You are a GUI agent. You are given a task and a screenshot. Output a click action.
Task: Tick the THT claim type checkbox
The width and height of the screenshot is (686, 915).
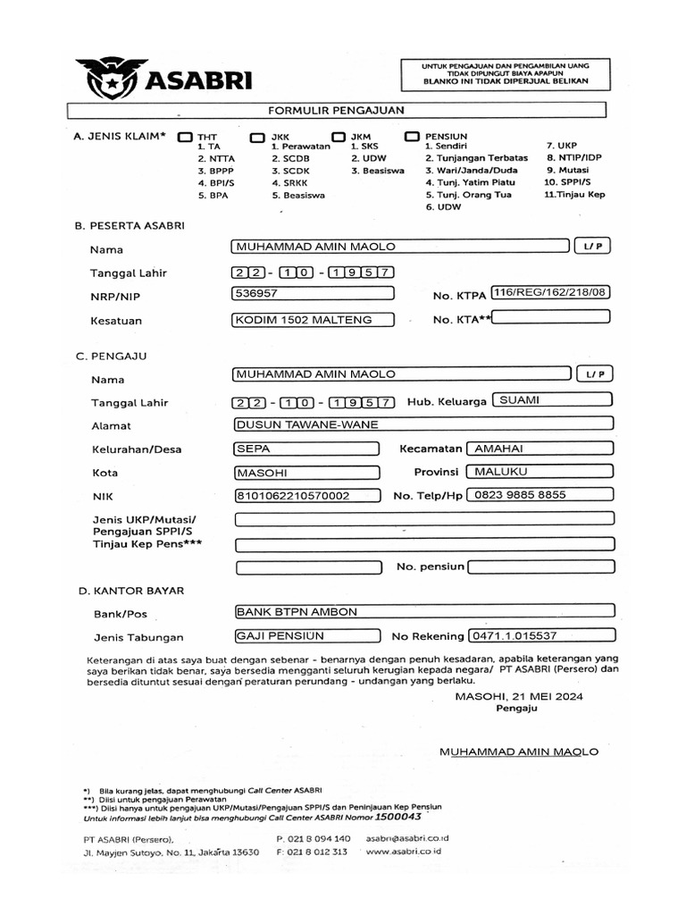pos(185,137)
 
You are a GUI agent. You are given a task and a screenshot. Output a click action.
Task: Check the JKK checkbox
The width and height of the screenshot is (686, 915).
pos(257,137)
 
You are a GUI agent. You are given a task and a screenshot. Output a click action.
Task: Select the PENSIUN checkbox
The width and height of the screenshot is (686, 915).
pos(412,136)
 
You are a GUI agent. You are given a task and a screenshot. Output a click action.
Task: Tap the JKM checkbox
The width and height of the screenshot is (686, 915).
pos(337,137)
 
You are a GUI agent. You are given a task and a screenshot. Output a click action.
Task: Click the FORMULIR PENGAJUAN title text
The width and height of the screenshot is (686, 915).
pos(338,110)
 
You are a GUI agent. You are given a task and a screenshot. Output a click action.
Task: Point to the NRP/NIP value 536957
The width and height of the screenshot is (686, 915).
pos(312,293)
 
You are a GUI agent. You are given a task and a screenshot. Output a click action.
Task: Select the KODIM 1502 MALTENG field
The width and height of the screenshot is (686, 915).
pos(312,319)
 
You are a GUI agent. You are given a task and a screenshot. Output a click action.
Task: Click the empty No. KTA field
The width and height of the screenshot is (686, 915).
pos(555,316)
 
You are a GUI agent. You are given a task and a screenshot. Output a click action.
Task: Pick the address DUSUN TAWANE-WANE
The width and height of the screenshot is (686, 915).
pos(422,424)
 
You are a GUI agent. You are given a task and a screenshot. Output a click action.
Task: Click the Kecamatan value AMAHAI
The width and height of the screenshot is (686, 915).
pos(542,448)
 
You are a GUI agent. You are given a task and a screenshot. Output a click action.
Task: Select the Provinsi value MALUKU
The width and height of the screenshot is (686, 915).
pos(542,471)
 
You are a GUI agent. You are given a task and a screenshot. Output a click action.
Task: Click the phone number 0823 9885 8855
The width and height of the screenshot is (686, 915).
pos(542,495)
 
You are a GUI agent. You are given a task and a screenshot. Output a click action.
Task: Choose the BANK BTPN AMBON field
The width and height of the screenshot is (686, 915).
pos(422,612)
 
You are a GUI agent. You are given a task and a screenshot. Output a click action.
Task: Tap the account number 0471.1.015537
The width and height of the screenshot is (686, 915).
pos(540,636)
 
